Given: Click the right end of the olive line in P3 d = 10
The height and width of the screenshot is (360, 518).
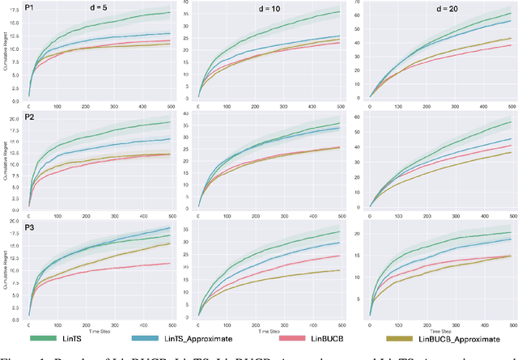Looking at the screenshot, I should (338, 270).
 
